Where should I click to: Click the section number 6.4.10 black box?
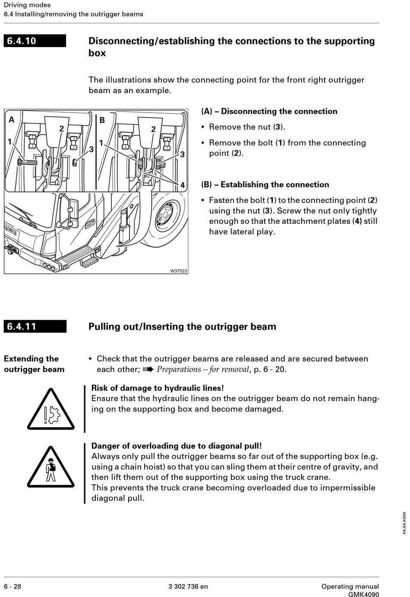(x=35, y=41)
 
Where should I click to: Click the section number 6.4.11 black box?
(x=35, y=327)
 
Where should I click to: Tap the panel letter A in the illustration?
(x=12, y=119)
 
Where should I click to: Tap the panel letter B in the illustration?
(x=102, y=119)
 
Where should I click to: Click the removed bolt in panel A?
(x=27, y=162)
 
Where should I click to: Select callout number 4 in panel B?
(x=183, y=185)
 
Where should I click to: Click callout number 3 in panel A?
(x=91, y=149)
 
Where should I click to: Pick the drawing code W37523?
(x=178, y=271)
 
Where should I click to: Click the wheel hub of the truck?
(x=165, y=214)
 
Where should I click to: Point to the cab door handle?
(x=90, y=224)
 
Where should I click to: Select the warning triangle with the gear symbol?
(x=51, y=409)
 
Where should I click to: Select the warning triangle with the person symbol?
(x=51, y=468)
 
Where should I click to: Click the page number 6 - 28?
(x=13, y=587)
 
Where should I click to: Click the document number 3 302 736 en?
(x=188, y=587)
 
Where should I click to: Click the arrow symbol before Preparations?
(x=148, y=369)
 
